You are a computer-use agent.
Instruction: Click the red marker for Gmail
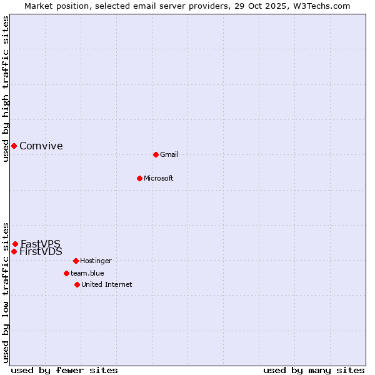(x=156, y=154)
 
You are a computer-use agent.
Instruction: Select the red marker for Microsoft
(x=139, y=178)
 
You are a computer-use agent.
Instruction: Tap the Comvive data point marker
(x=14, y=146)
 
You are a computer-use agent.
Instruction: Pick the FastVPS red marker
(x=15, y=244)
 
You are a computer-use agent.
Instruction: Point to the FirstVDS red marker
(x=14, y=251)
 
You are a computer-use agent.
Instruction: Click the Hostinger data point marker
(x=76, y=261)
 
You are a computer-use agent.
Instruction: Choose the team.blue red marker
(x=66, y=273)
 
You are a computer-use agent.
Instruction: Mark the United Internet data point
(x=77, y=284)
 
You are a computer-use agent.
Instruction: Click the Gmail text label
(x=169, y=154)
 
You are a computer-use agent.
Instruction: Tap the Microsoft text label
(x=159, y=178)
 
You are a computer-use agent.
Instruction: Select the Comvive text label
(x=41, y=146)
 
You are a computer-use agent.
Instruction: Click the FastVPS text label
(x=41, y=244)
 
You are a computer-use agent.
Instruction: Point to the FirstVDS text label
(x=41, y=252)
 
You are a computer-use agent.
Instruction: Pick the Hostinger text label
(x=96, y=261)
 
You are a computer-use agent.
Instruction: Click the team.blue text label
(x=87, y=273)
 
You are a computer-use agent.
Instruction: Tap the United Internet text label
(x=107, y=284)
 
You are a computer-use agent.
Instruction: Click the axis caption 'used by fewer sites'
(x=64, y=370)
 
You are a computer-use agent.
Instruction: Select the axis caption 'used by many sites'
(x=314, y=370)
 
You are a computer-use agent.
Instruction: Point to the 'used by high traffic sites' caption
(x=6, y=89)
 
